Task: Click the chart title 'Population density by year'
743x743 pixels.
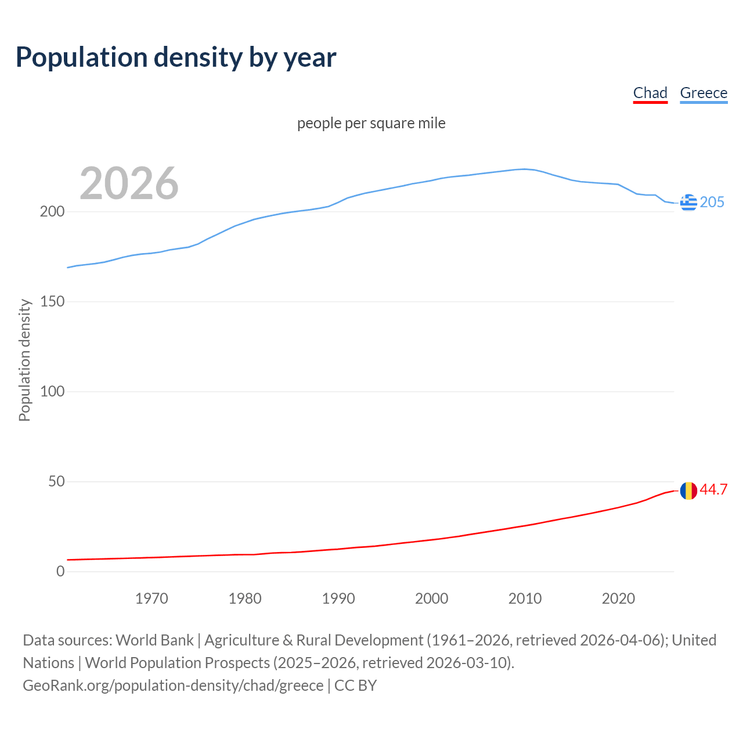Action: (x=176, y=57)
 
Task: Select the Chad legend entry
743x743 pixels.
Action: (x=650, y=93)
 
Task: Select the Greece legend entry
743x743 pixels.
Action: (x=704, y=93)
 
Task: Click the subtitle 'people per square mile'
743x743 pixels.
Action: (x=371, y=123)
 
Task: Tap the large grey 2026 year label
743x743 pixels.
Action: (x=129, y=183)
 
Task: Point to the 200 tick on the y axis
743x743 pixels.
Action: (x=52, y=212)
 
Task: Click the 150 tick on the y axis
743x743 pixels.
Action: (x=52, y=302)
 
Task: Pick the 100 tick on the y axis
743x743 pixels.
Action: (x=52, y=392)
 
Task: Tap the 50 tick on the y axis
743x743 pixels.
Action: (x=56, y=482)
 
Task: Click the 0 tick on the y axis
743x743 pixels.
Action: (x=60, y=572)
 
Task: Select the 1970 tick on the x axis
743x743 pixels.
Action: (x=152, y=598)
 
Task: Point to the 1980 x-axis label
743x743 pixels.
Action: (x=245, y=598)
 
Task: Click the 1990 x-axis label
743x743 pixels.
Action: (x=338, y=598)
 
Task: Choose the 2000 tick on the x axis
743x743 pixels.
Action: (x=432, y=598)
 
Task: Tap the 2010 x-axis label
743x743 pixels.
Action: (x=525, y=598)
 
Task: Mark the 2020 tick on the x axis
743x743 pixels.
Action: (x=618, y=598)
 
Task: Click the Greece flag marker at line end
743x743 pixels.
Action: (x=688, y=203)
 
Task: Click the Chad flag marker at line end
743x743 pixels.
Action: (x=688, y=490)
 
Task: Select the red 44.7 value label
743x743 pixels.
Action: (x=713, y=490)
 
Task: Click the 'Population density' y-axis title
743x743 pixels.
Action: (x=24, y=360)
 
